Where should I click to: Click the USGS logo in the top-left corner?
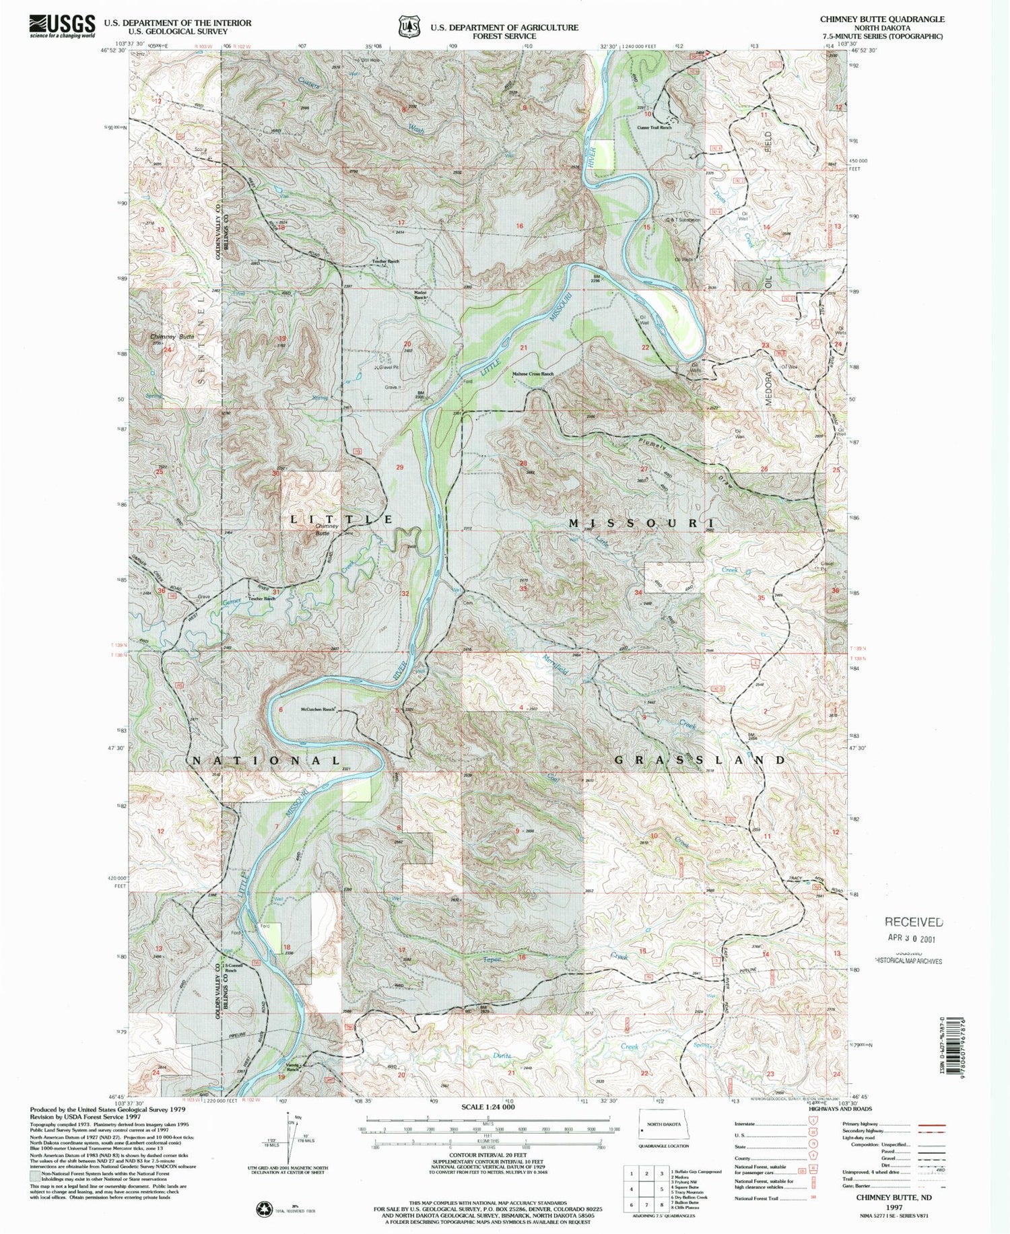coord(62,26)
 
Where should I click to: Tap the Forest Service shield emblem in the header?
coord(405,26)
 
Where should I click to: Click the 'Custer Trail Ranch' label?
coord(654,127)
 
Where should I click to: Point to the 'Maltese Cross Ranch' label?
coord(533,374)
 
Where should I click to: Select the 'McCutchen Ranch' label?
coord(318,710)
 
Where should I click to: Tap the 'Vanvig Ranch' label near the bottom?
coord(292,1066)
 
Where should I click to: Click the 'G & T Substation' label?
coord(683,220)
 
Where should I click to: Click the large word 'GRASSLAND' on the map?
coord(700,760)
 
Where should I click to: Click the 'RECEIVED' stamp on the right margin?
coord(913,922)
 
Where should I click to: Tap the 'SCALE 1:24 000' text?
coord(487,1107)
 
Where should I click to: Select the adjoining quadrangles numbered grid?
coord(646,1188)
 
